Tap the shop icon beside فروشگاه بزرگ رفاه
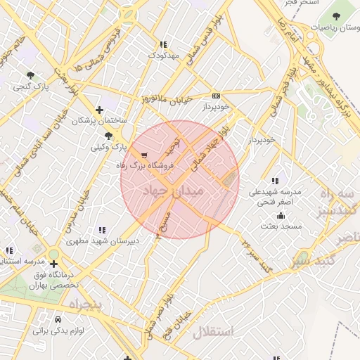(x=145, y=155)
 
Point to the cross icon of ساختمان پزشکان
(x=100, y=110)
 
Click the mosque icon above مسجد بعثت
(x=281, y=215)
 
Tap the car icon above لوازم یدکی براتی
(x=48, y=318)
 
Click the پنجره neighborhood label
(x=85, y=304)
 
